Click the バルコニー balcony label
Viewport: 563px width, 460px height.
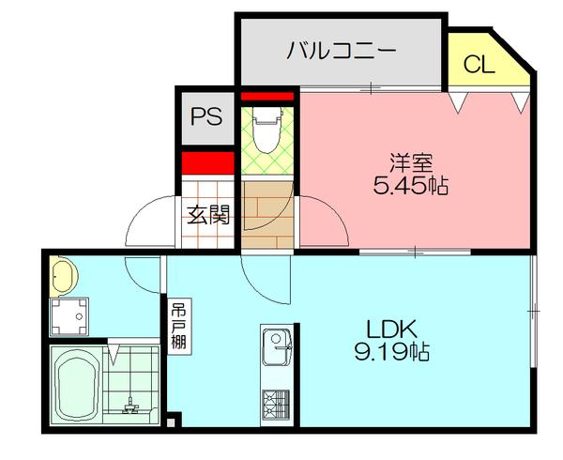(x=342, y=50)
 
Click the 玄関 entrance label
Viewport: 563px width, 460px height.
(x=207, y=215)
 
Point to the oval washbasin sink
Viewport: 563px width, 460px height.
(x=66, y=274)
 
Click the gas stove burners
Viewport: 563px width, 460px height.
(x=278, y=405)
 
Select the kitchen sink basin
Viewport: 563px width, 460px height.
(x=278, y=349)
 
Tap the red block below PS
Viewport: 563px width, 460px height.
(x=206, y=162)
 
